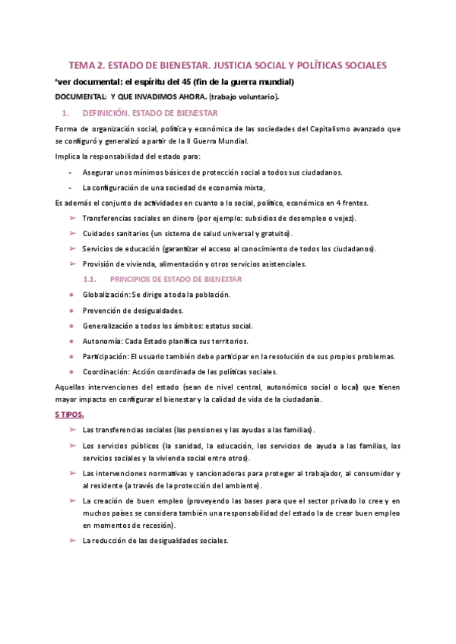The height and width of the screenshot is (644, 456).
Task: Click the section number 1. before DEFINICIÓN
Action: coord(66,113)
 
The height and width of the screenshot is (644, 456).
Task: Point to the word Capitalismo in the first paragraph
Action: coord(325,128)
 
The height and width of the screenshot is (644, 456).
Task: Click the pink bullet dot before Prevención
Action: coord(71,311)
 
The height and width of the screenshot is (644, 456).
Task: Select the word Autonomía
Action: coord(103,341)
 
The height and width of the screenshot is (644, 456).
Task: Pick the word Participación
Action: coord(105,356)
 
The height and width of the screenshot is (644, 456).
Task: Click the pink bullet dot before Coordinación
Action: coord(71,372)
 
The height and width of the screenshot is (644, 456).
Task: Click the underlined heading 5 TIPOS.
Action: coord(69,415)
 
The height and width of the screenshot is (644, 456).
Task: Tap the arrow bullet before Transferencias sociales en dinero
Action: coord(72,218)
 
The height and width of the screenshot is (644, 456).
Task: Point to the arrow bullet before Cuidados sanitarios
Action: coord(72,233)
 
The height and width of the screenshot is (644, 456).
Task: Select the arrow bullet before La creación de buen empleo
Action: coord(72,500)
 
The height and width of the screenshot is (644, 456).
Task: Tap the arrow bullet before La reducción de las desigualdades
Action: coord(72,541)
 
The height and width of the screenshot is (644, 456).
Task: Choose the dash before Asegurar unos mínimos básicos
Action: coord(70,172)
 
